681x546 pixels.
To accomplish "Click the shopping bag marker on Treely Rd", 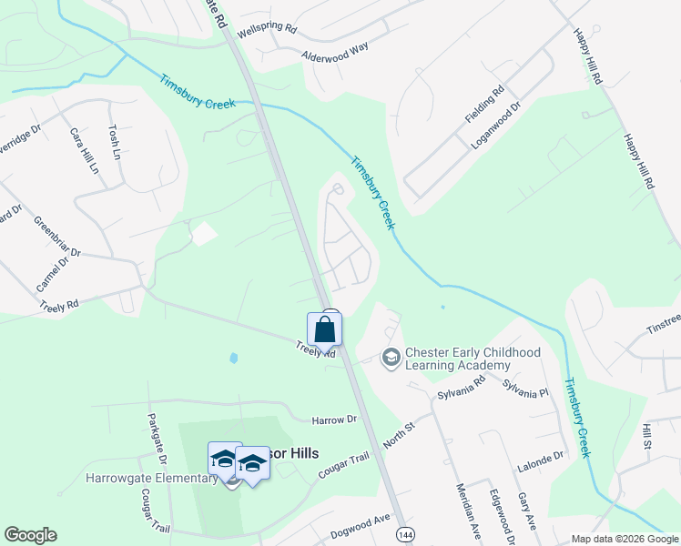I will (x=324, y=330).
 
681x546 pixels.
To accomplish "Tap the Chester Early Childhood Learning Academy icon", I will (x=391, y=358).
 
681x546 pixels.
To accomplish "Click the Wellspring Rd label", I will (x=267, y=29).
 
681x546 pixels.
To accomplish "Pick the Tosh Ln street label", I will (x=115, y=144).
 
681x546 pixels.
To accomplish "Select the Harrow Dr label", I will (x=334, y=420).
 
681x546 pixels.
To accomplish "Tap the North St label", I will (x=398, y=427).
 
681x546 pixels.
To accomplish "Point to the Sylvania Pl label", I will (x=529, y=392).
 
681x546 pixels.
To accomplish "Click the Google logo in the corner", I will (x=30, y=534).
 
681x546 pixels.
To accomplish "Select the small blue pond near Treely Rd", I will (x=233, y=358).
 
